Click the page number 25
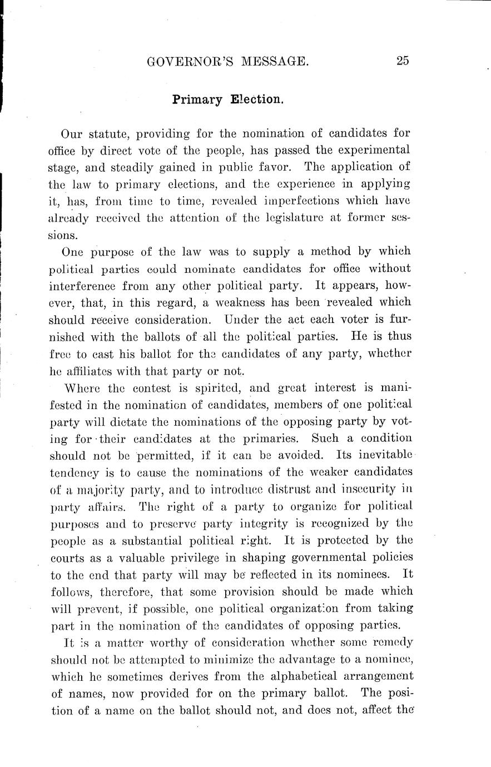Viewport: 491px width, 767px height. tap(403, 61)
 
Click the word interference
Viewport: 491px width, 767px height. tap(90, 286)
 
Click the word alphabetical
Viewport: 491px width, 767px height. tap(261, 676)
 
